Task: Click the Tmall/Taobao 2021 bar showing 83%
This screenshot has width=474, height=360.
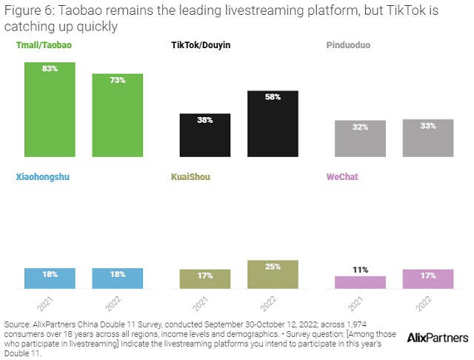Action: click(49, 109)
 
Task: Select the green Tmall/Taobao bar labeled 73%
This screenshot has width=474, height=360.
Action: click(117, 115)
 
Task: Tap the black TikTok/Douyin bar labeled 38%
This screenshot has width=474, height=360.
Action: click(205, 135)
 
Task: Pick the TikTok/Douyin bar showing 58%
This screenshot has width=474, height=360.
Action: click(273, 123)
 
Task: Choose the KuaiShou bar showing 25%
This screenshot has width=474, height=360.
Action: click(273, 274)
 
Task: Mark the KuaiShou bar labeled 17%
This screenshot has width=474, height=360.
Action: click(205, 279)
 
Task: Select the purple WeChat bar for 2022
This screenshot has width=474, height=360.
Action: click(428, 279)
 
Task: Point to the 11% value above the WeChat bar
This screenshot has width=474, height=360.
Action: click(360, 270)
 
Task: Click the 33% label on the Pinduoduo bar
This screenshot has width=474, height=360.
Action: click(428, 126)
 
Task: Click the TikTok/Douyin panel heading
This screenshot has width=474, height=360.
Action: click(201, 45)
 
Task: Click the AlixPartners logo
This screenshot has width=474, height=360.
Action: click(438, 337)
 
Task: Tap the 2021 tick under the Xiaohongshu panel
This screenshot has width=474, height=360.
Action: click(45, 304)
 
